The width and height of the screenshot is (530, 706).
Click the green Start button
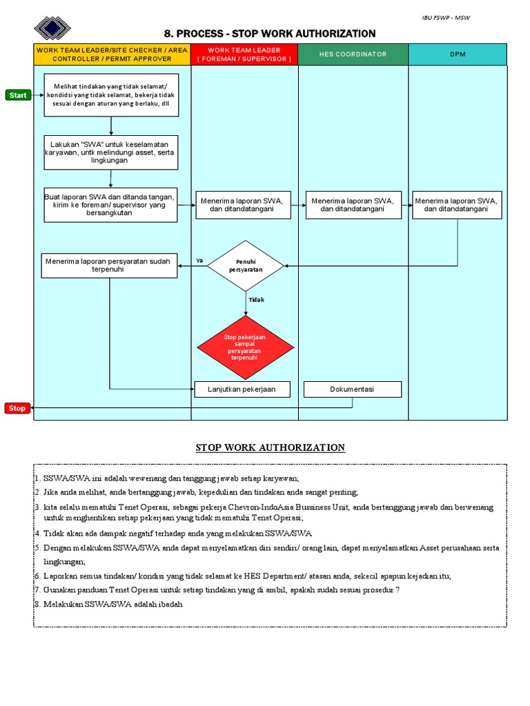18,95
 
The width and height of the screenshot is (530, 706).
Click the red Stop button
17,408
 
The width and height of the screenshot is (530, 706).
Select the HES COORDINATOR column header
353,54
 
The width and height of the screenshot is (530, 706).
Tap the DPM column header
458,54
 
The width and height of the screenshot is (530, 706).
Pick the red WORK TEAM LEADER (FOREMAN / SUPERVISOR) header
244,54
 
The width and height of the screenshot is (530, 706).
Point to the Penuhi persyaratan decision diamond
245,266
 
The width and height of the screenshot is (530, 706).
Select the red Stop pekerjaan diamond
245,347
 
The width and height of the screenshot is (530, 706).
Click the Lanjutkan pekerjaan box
242,390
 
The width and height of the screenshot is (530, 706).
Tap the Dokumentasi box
352,390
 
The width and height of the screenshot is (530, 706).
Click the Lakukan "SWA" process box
111,152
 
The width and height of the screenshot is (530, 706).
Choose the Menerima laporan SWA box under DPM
457,205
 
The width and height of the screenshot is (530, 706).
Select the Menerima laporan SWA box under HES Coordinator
352,205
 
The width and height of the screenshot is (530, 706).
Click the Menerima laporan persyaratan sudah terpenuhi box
109,266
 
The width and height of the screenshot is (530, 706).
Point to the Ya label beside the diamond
199,261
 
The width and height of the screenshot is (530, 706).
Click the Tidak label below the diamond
256,300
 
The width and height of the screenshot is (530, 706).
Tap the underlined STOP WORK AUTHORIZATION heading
270,447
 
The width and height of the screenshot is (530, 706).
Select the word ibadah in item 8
170,605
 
